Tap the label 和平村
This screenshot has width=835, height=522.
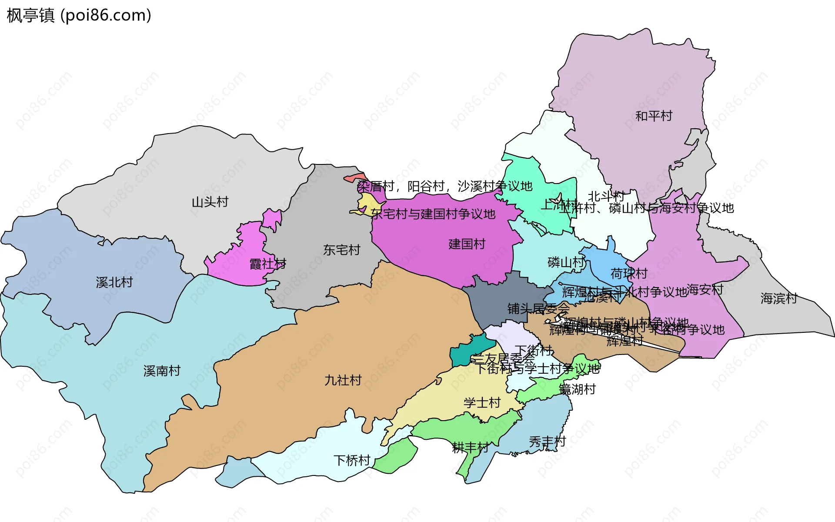tap(654, 116)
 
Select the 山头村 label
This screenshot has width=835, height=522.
tap(210, 202)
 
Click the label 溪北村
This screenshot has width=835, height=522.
tap(114, 283)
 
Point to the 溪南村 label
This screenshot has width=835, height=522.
tap(162, 371)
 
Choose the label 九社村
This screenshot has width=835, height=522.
tap(343, 381)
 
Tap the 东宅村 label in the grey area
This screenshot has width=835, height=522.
tap(341, 250)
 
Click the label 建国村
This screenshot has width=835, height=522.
tap(467, 244)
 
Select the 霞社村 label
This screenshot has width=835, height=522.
tap(267, 264)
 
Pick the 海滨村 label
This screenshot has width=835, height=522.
tap(778, 298)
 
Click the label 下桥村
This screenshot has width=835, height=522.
tap(351, 460)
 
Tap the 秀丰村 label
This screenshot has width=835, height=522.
tap(547, 442)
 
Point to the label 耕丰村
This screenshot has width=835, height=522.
tap(470, 448)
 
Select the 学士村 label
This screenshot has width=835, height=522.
tap(482, 403)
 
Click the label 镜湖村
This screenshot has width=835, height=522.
tap(577, 389)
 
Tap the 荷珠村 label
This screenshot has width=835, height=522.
tap(628, 274)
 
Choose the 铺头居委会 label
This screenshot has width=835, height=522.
tap(538, 309)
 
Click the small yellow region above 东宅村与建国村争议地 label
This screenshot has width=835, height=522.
tap(367, 203)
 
